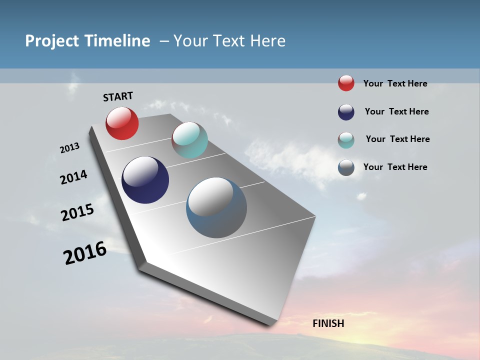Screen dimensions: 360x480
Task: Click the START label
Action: (118, 96)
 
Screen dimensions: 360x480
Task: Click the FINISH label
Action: (328, 323)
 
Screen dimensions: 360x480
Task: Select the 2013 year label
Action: (69, 148)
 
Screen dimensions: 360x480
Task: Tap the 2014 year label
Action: (73, 177)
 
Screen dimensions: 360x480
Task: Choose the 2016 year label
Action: (85, 253)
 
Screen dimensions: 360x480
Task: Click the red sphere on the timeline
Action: (122, 123)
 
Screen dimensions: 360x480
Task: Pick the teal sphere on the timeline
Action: (189, 140)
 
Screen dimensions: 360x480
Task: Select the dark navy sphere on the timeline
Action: (145, 180)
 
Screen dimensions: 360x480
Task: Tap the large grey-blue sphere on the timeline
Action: (216, 207)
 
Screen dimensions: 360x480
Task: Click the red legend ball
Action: (346, 83)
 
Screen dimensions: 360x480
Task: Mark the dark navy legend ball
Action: (346, 112)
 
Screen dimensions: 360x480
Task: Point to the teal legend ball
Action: (346, 140)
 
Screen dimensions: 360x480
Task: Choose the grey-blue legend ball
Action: (346, 167)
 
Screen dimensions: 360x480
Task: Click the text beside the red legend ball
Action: (395, 83)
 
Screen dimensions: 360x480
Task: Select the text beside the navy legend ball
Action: (396, 111)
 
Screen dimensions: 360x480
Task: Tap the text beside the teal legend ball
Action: (397, 139)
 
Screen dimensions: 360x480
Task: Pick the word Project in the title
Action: (52, 41)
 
